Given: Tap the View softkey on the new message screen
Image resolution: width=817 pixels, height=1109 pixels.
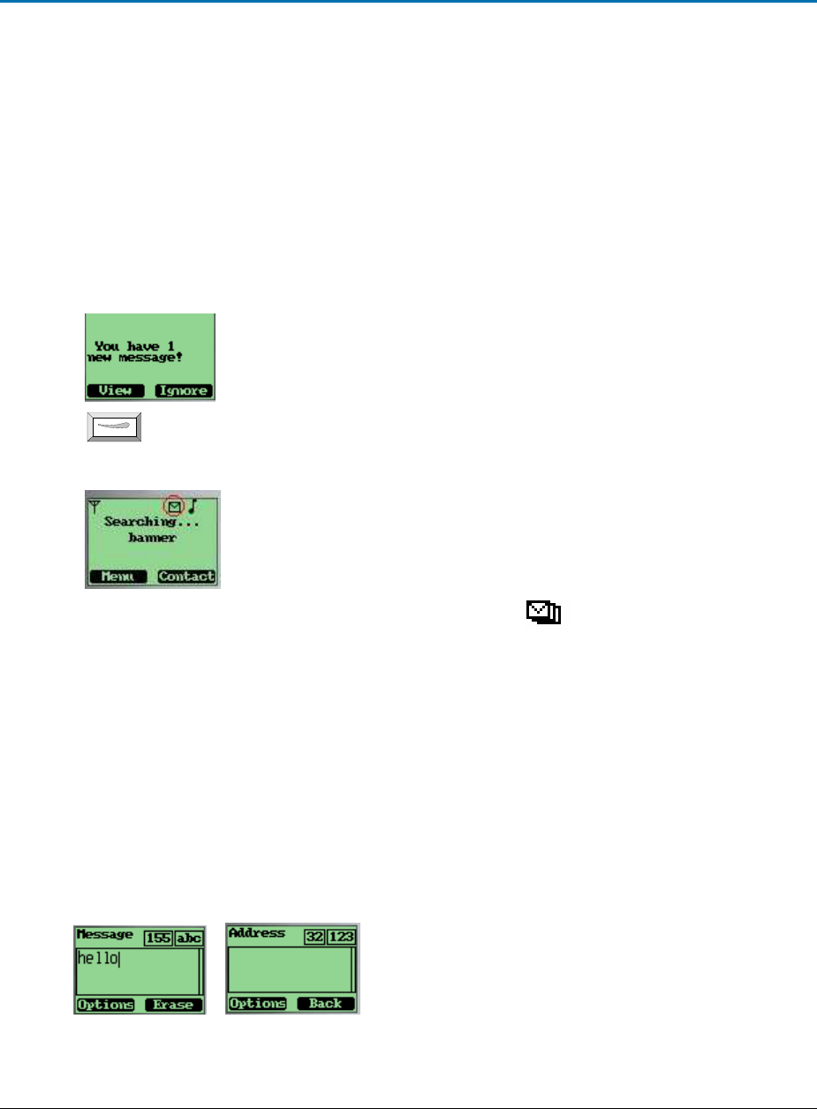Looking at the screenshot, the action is (x=116, y=391).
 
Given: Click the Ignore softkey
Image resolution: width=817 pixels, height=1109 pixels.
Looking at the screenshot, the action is (x=183, y=391).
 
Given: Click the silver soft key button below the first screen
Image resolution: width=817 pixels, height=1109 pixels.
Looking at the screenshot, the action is (x=115, y=427).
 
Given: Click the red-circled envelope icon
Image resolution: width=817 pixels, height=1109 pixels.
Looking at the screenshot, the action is (x=175, y=507).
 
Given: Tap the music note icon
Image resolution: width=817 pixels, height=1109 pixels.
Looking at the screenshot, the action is (x=193, y=507).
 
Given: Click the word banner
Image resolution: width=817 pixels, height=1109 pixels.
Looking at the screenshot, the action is (x=152, y=538).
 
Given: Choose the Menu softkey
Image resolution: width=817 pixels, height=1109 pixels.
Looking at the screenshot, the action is (x=117, y=577).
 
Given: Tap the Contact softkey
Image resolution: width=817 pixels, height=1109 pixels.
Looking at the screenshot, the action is (x=186, y=577).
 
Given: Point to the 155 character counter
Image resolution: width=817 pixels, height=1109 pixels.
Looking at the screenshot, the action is (x=158, y=938).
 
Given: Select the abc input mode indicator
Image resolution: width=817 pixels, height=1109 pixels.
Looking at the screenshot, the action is (x=189, y=938).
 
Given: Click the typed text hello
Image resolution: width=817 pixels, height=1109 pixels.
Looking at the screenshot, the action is (x=98, y=959).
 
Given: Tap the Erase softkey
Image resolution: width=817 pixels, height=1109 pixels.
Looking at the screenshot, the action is (x=173, y=1005).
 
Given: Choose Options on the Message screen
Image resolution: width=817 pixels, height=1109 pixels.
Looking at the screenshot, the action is (x=105, y=1005).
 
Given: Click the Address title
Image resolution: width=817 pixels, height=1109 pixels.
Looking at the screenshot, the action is (x=256, y=933).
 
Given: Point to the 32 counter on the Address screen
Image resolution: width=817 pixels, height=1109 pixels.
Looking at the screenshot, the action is (x=316, y=937).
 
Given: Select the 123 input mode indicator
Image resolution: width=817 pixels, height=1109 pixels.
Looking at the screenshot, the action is (x=342, y=937).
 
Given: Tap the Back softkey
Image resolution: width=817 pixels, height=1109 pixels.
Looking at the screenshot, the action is (x=325, y=1004).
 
